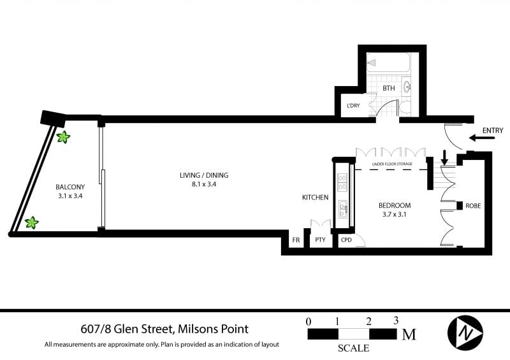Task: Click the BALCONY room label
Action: coord(70,187)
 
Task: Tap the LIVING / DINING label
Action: coord(204,175)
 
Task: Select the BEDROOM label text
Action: coord(395,206)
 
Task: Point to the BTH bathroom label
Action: coord(389,88)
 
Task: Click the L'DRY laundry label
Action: coord(353,106)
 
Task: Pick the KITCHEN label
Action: coord(315,198)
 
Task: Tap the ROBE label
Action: coord(473,206)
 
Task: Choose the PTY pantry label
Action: coord(321,240)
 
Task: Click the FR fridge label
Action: coord(296,240)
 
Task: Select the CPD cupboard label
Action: coord(346,240)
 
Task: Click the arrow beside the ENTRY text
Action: coord(482,138)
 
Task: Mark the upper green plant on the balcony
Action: coord(63,137)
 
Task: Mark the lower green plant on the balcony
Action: coord(32,223)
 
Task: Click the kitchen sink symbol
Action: coord(342,209)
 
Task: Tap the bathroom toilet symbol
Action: coord(405,107)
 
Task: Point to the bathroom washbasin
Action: coord(407,87)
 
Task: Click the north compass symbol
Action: coord(465,333)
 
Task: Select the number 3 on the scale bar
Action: coord(395,321)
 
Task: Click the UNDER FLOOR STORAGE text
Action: coord(392,164)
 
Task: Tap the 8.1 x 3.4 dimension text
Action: coord(204,184)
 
